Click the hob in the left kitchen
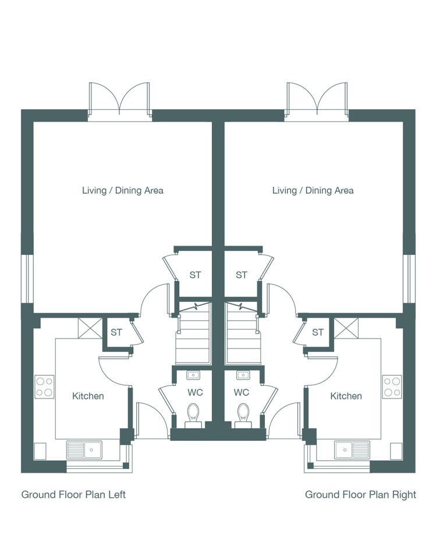pyautogui.click(x=45, y=387)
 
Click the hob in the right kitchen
pyautogui.click(x=392, y=387)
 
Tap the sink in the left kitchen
pyautogui.click(x=84, y=450)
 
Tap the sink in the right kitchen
pyautogui.click(x=352, y=450)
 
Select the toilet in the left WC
pyautogui.click(x=193, y=415)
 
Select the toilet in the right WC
pyautogui.click(x=243, y=415)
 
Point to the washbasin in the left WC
pyautogui.click(x=193, y=375)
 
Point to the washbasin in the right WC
pyautogui.click(x=243, y=375)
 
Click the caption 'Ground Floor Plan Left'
pyautogui.click(x=73, y=495)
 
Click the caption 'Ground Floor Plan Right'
pyautogui.click(x=361, y=495)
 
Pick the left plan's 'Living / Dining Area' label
pyautogui.click(x=123, y=190)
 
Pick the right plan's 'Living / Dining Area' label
pyautogui.click(x=313, y=190)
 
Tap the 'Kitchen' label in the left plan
pyautogui.click(x=88, y=396)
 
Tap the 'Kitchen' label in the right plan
pyautogui.click(x=346, y=396)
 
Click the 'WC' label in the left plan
pyautogui.click(x=195, y=393)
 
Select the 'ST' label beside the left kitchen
pyautogui.click(x=116, y=332)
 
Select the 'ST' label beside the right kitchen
pyautogui.click(x=318, y=332)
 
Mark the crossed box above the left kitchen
pyautogui.click(x=90, y=328)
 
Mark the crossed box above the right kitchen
pyautogui.click(x=346, y=328)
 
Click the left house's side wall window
pyautogui.click(x=27, y=279)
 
